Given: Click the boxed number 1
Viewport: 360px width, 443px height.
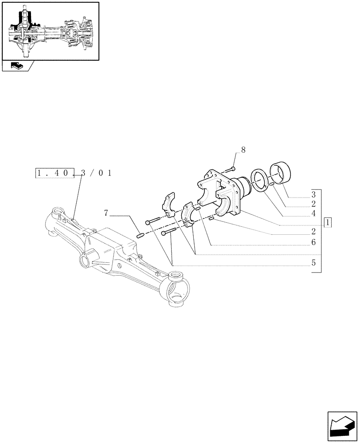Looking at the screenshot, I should click(328, 222).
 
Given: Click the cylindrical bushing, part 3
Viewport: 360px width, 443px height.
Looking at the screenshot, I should click(281, 172).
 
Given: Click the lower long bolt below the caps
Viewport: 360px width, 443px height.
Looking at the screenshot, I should click(170, 233).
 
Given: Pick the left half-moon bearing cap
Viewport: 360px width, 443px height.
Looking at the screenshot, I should click(168, 205).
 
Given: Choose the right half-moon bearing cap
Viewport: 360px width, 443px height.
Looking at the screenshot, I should click(190, 215).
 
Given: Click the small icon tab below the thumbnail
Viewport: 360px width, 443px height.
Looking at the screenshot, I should click(17, 66).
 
